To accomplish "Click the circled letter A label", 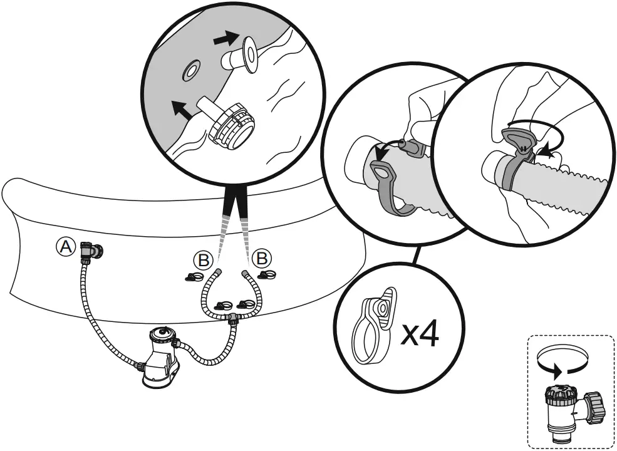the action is [65, 247].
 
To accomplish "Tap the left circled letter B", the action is [203, 261].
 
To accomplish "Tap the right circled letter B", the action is [262, 259].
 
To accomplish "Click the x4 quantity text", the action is [420, 335].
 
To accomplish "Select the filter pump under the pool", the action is [161, 356].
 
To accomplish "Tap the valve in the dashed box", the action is [571, 410].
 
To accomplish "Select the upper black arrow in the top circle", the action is [226, 39].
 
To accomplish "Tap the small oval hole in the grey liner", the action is [191, 70].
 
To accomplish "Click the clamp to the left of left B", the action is [194, 277].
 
